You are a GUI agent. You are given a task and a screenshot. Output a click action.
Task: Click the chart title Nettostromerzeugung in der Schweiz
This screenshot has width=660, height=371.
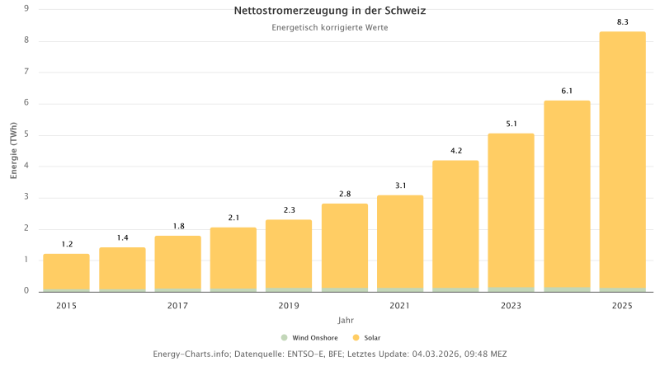point(330,11)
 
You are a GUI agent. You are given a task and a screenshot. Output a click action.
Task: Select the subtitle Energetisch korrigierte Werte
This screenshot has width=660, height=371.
point(330,27)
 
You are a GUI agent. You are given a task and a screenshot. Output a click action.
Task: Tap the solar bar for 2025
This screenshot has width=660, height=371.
point(622,161)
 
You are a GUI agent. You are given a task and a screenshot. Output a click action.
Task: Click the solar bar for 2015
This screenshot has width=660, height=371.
point(66,271)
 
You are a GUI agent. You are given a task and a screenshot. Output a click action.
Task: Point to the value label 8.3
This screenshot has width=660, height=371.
point(622,22)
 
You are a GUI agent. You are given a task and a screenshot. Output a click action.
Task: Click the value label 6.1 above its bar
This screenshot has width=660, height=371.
point(567,91)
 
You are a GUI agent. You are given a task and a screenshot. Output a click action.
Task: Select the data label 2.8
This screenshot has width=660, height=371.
point(344,194)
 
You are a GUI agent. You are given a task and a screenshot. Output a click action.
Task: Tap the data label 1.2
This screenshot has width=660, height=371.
point(66,244)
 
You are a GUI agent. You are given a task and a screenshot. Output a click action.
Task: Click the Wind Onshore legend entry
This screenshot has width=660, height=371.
point(309,337)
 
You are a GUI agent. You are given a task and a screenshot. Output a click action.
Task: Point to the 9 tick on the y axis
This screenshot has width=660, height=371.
point(26,9)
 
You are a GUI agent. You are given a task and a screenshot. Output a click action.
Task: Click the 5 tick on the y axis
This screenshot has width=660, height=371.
point(26,134)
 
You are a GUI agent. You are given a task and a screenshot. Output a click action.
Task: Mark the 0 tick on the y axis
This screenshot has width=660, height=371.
point(26,291)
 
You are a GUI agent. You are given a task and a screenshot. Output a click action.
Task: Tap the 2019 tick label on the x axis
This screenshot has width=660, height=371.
point(289,306)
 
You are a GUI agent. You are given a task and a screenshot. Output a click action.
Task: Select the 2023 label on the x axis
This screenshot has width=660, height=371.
point(511,306)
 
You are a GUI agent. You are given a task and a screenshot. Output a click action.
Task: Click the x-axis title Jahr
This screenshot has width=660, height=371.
point(345,320)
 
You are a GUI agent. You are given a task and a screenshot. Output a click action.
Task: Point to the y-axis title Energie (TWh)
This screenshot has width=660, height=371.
point(14,150)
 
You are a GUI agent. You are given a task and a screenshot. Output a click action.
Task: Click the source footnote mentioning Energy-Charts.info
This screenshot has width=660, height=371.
point(330,354)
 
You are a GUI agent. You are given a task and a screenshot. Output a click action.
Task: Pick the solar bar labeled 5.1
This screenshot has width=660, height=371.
point(511,210)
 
